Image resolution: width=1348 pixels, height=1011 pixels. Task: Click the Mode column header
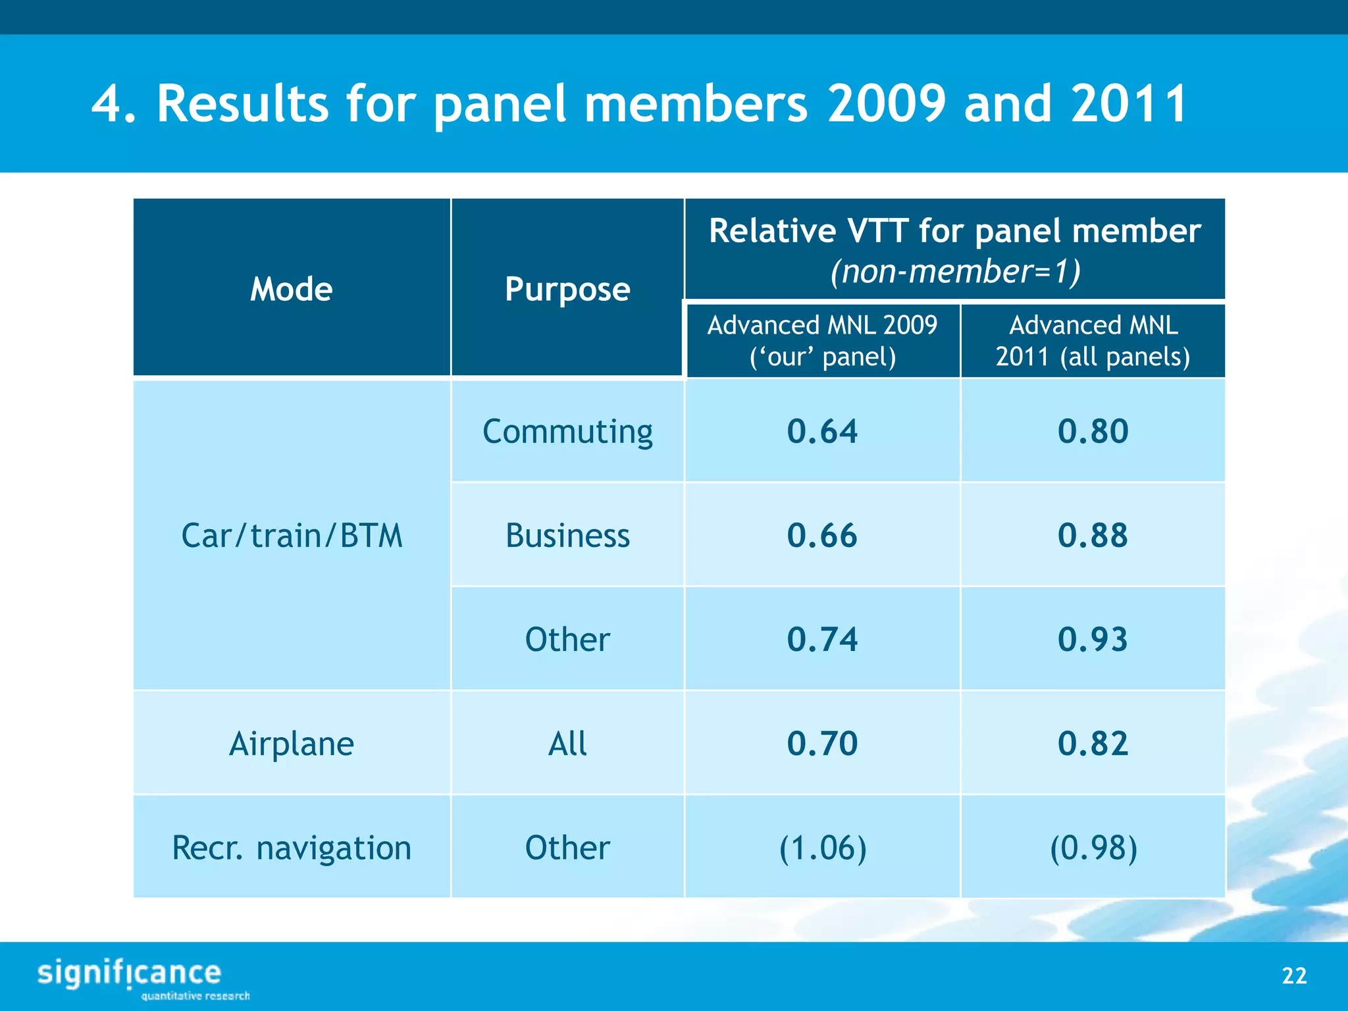point(292,289)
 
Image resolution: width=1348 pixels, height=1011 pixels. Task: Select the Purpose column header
point(567,289)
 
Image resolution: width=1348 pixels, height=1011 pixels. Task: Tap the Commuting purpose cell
point(567,432)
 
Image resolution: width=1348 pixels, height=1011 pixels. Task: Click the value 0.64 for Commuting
point(822,432)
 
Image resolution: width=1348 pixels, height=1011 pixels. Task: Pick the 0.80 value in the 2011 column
point(1093,432)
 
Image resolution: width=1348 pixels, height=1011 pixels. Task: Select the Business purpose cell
point(567,535)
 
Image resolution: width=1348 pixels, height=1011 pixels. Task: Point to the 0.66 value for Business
point(822,535)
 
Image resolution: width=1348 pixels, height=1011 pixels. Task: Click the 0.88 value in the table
point(1093,535)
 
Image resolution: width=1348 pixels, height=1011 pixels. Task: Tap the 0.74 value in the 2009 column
point(822,639)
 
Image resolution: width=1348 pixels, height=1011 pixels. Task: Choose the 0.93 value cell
point(1093,639)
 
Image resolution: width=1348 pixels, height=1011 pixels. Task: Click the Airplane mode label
point(292,744)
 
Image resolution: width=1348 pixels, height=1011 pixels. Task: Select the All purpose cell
point(567,744)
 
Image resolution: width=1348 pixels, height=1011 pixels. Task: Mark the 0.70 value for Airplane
point(822,744)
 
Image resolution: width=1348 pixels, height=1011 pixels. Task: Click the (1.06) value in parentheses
point(822,848)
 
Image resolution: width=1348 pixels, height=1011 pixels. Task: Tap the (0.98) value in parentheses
point(1093,848)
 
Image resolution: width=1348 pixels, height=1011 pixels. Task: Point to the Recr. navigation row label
point(292,848)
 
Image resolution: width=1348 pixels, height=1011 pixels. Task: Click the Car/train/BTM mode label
point(292,535)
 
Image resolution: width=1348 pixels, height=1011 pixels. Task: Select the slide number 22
point(1294,975)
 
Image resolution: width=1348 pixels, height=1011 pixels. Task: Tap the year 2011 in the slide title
point(1128,104)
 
